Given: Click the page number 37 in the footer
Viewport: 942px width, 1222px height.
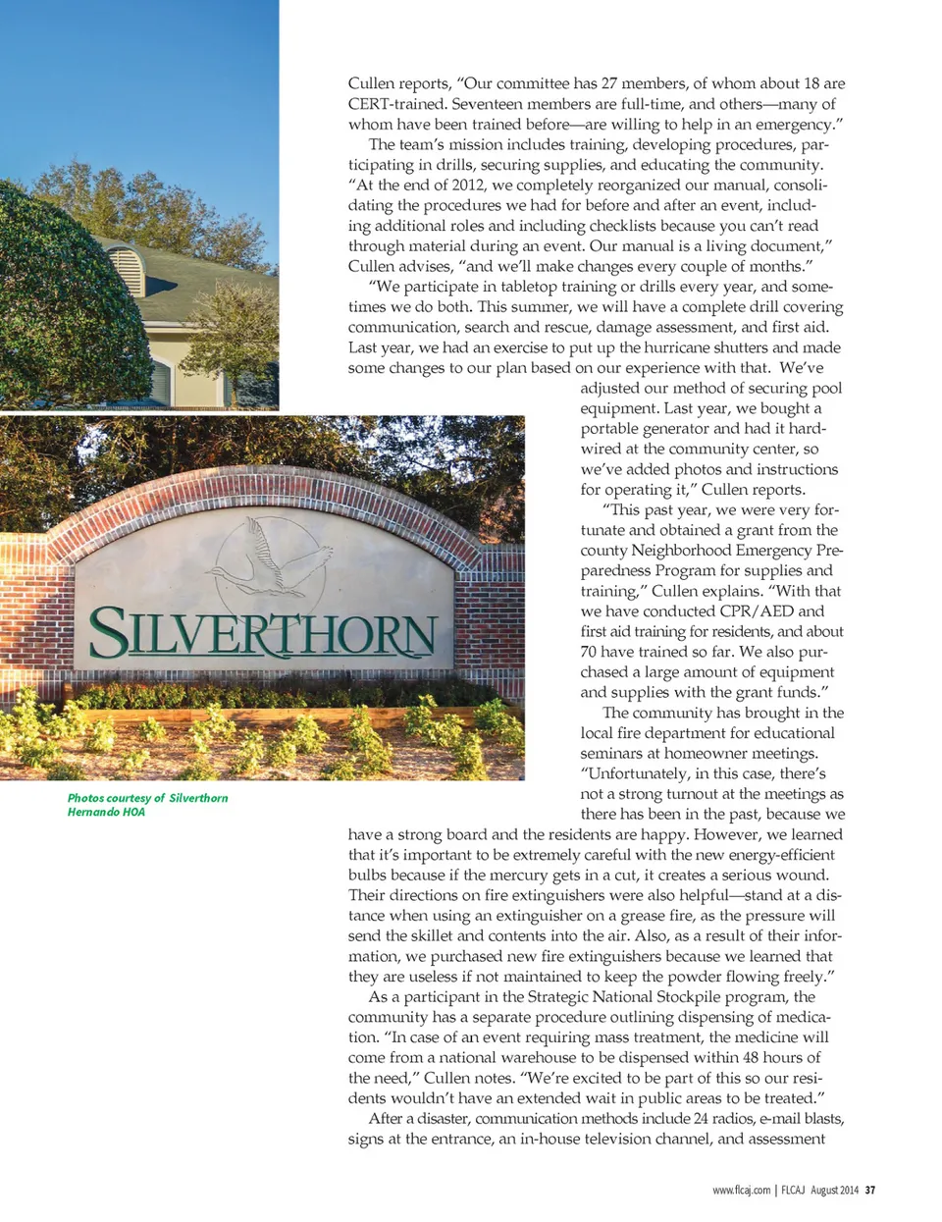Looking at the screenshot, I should click(869, 1190).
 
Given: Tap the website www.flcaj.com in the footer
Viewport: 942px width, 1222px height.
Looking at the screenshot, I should click(741, 1190).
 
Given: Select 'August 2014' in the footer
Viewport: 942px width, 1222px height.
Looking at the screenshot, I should click(834, 1190).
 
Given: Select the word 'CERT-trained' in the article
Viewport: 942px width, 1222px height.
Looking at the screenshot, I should click(395, 104).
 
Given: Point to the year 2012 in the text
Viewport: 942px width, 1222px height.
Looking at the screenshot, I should click(467, 185).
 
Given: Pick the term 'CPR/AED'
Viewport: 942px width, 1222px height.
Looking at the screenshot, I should click(756, 611).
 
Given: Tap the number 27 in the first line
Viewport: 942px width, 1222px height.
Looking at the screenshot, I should click(610, 83).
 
